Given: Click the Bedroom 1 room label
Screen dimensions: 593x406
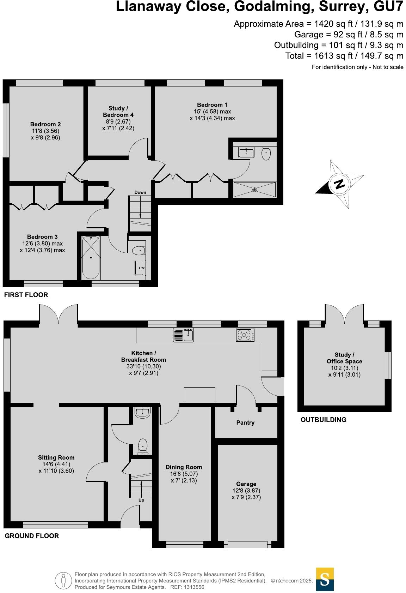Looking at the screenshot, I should pyautogui.click(x=212, y=105).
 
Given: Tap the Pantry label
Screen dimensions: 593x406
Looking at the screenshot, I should pyautogui.click(x=245, y=423).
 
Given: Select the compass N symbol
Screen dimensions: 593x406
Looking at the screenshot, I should pyautogui.click(x=339, y=184).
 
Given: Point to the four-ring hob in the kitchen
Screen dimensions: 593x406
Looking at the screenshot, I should pyautogui.click(x=245, y=335).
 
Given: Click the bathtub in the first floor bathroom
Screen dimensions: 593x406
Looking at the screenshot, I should pyautogui.click(x=91, y=258).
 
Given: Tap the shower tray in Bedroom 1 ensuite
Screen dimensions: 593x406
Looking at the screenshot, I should pyautogui.click(x=255, y=190).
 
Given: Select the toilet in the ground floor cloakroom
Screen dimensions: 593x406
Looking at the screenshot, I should pyautogui.click(x=143, y=446).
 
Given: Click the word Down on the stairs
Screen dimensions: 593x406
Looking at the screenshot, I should pyautogui.click(x=140, y=192).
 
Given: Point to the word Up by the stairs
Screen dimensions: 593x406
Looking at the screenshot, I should pyautogui.click(x=141, y=500).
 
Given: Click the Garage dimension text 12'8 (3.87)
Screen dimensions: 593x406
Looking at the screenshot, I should pyautogui.click(x=246, y=491).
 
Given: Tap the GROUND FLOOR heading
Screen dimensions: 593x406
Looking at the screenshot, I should pyautogui.click(x=32, y=536).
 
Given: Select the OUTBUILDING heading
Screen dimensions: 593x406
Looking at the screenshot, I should pyautogui.click(x=323, y=420).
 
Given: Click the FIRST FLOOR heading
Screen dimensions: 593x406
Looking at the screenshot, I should pyautogui.click(x=26, y=295).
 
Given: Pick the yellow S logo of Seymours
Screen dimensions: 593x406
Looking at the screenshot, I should pyautogui.click(x=325, y=579).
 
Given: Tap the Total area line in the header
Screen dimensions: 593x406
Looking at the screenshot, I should pyautogui.click(x=344, y=56).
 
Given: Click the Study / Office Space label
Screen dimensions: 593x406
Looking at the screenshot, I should pyautogui.click(x=344, y=358).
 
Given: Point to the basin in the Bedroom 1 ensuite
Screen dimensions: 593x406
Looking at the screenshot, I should pyautogui.click(x=246, y=153).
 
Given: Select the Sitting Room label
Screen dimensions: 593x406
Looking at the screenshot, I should pyautogui.click(x=56, y=457).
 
